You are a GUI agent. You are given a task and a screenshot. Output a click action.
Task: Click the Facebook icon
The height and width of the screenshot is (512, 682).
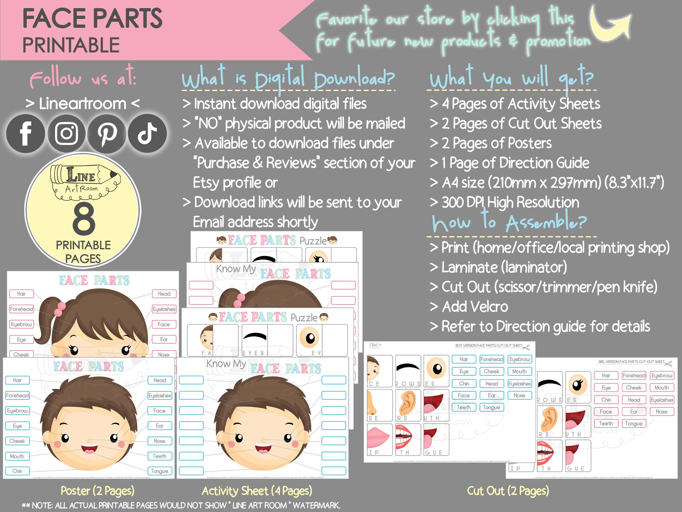pyautogui.click(x=26, y=133)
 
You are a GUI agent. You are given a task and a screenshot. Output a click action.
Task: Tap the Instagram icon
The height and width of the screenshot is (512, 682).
pyautogui.click(x=66, y=133)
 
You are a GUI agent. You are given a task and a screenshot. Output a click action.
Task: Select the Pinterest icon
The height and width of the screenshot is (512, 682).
pyautogui.click(x=107, y=133)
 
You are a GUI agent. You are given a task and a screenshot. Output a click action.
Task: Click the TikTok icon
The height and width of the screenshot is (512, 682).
pyautogui.click(x=147, y=133)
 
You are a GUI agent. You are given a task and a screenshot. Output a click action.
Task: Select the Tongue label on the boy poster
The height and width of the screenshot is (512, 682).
pyautogui.click(x=159, y=471)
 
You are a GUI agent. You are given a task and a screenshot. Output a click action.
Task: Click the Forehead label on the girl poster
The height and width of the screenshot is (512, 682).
pyautogui.click(x=21, y=309)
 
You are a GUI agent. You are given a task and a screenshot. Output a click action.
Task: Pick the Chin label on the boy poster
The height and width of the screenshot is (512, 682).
pyautogui.click(x=17, y=471)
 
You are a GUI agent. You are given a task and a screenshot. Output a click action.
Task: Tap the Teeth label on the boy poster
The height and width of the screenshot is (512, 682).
pyautogui.click(x=159, y=456)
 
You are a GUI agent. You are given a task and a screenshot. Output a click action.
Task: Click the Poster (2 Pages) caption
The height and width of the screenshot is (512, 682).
pyautogui.click(x=98, y=491)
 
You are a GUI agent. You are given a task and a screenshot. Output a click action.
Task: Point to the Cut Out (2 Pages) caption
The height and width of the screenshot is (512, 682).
pyautogui.click(x=508, y=491)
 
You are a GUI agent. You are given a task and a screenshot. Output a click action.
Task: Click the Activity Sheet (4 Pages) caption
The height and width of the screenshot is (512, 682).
pyautogui.click(x=257, y=491)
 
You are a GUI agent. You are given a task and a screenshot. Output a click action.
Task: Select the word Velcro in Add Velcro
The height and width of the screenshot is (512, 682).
pyautogui.click(x=491, y=307)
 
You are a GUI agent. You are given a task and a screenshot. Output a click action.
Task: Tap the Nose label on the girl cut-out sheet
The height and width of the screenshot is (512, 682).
pyautogui.click(x=661, y=412)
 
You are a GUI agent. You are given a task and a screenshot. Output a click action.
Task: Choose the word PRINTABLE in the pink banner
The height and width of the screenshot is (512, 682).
pyautogui.click(x=71, y=45)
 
